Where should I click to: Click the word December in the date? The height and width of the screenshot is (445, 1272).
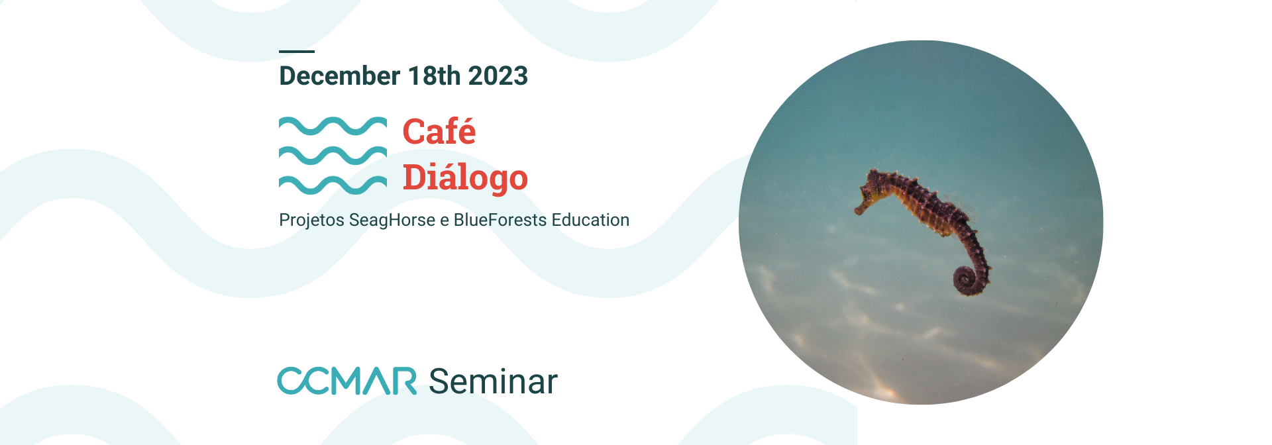coord(340,76)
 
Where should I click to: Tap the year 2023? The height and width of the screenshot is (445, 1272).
coord(498,76)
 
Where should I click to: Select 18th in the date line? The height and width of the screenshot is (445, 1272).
coord(435,76)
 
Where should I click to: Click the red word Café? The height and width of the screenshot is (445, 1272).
coord(439,130)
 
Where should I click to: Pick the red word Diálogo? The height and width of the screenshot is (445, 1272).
coord(465,177)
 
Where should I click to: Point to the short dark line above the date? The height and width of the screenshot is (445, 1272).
coord(297,51)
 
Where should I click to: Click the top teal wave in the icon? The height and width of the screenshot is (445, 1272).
coord(333,126)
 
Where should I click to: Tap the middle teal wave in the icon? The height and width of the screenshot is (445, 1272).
coord(333,156)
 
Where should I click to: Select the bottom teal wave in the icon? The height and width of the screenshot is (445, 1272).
coord(333,185)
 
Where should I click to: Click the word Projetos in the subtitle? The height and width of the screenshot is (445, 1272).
coord(311,221)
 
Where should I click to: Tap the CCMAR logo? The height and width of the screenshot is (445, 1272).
coord(347,381)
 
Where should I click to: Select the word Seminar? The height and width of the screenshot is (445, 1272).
coord(493,382)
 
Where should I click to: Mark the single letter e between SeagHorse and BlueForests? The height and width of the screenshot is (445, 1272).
coord(445,221)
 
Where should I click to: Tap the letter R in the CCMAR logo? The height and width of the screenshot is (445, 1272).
coord(403,381)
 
